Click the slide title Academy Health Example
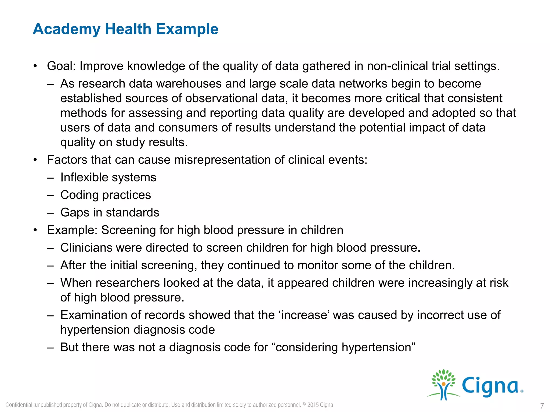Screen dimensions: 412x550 pos(125,29)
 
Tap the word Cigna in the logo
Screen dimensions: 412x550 pos(490,386)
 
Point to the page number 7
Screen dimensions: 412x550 pos(542,406)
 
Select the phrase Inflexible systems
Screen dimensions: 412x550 pos(108,177)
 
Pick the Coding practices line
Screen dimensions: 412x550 pos(106,195)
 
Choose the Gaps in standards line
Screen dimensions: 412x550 pos(110,212)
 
